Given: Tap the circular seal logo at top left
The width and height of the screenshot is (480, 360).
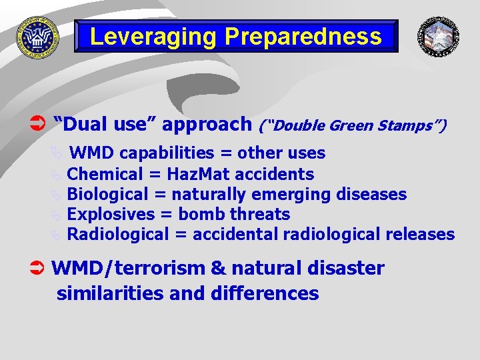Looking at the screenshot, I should (38, 37).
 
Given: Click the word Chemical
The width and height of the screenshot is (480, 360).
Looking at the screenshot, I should (105, 175).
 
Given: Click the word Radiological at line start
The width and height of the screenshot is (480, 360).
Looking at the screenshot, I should (118, 235).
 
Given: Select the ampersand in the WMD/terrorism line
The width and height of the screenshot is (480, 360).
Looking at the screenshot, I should (218, 269).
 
